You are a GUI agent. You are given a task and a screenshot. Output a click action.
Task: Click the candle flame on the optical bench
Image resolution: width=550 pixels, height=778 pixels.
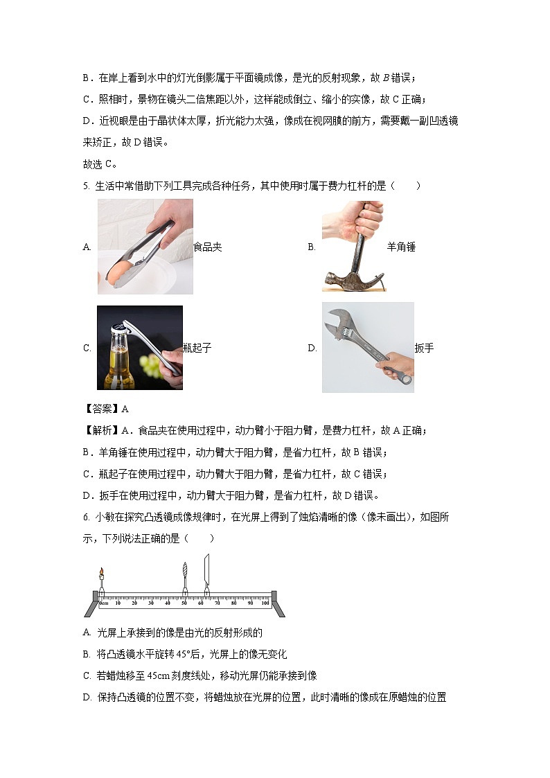101,572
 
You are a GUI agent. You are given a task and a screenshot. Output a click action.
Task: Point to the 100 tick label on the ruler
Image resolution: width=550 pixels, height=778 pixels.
265,603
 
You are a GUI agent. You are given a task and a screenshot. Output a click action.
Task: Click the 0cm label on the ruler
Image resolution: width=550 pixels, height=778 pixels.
103,603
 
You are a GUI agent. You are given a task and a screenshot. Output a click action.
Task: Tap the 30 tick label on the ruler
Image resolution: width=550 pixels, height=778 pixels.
151,603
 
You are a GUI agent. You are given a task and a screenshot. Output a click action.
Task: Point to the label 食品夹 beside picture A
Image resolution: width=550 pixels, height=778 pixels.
208,247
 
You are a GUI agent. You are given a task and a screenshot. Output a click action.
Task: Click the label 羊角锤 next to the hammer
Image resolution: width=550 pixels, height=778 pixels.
401,247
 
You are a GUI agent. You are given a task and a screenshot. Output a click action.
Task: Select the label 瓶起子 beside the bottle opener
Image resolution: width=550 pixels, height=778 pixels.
197,348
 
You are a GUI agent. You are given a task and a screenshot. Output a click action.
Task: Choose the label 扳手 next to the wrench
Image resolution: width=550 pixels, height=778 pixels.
424,348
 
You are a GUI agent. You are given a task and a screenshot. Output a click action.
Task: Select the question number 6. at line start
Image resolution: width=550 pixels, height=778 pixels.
86,518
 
